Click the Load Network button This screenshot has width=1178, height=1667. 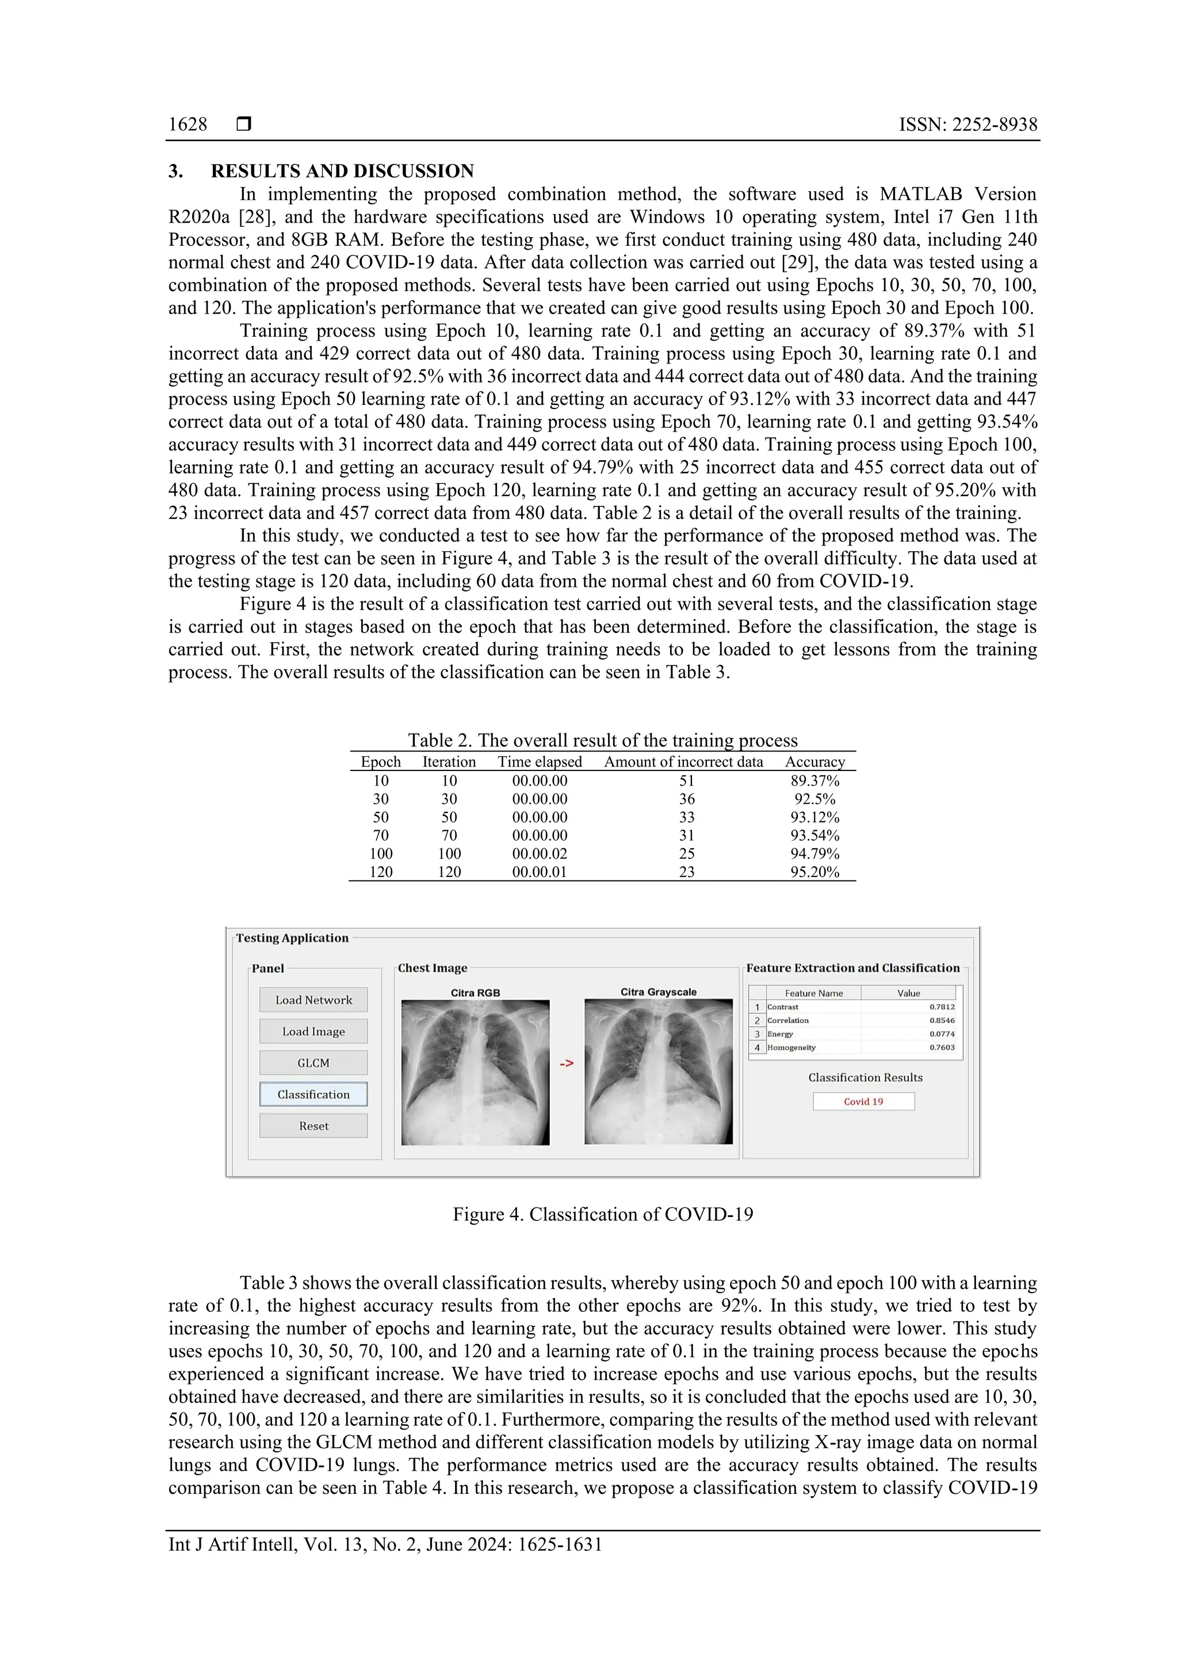[313, 1000]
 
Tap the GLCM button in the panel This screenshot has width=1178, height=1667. [313, 1063]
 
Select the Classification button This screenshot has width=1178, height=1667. [313, 1094]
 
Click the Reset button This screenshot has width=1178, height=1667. [313, 1126]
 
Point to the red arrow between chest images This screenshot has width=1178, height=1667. [566, 1063]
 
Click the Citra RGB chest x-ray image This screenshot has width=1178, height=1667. [476, 1073]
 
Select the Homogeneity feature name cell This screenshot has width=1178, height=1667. [792, 1048]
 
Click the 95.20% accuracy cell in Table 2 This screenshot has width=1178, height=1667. [814, 872]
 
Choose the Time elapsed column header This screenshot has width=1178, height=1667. [540, 762]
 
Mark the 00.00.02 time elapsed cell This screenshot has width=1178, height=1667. [540, 854]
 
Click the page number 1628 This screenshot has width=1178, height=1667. [188, 125]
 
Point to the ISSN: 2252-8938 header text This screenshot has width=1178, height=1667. [967, 125]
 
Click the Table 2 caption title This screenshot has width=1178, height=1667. [602, 741]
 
